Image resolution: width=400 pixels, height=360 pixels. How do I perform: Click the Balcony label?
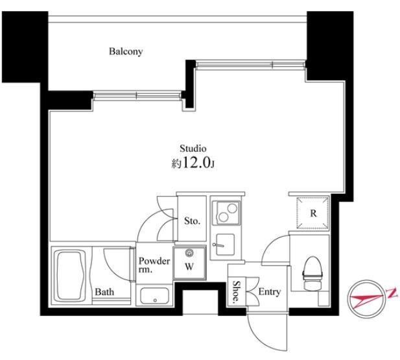[x=126, y=51]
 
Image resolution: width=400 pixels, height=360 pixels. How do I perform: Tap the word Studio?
[x=193, y=149]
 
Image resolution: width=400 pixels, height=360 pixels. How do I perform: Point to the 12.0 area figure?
[x=197, y=162]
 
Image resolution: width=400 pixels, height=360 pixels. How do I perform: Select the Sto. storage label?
[x=192, y=221]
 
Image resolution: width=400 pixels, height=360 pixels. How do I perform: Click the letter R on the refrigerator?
[x=313, y=213]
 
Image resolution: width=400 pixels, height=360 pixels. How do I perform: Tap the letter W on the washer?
[x=189, y=267]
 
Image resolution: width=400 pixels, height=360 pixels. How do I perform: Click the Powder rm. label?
[x=154, y=265]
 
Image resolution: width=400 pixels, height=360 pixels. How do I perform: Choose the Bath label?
[x=104, y=292]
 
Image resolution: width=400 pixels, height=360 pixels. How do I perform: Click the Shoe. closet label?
[x=236, y=292]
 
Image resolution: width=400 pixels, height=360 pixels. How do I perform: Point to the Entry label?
[x=270, y=292]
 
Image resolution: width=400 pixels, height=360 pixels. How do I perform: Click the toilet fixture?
[x=312, y=273]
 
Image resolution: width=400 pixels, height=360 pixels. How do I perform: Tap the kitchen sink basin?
[x=224, y=245]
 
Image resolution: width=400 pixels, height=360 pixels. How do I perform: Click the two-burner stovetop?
[x=226, y=213]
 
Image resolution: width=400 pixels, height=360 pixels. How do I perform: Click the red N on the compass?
[x=392, y=293]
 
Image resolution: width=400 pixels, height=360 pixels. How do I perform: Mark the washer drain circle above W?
[x=189, y=253]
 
